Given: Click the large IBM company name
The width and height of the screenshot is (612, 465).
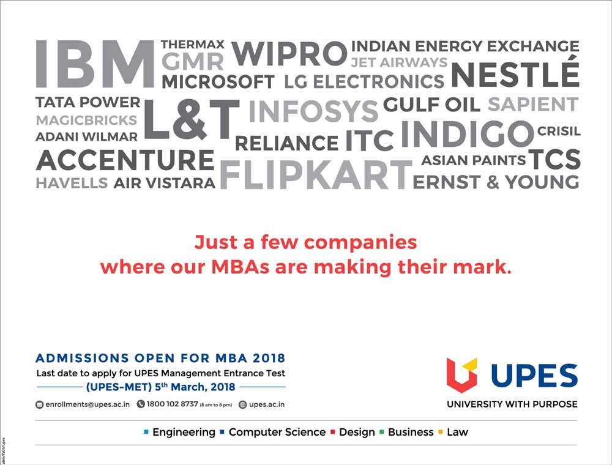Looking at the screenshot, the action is pos(95,64).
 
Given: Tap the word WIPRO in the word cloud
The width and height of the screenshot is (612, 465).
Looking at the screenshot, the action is pos(289,54).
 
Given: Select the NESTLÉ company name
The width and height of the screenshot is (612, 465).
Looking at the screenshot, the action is pos(515,72).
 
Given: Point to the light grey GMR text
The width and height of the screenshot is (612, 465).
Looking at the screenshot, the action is pos(192,62).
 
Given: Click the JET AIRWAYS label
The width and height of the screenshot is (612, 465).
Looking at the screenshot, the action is pos(399,62).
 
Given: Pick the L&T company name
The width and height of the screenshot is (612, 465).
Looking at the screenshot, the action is pos(191,119).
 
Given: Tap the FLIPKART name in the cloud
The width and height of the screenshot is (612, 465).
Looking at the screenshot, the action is pos(316,174).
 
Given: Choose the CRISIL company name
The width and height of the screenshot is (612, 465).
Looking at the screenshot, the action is pos(559,131).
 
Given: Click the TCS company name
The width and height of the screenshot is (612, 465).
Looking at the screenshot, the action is pos(554,159).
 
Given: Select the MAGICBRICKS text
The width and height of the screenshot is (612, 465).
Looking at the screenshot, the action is pos(87,120).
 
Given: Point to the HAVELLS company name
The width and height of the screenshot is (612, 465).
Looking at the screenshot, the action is pos(72,183).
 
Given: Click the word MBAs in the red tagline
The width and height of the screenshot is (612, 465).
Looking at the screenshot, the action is pos(240,267).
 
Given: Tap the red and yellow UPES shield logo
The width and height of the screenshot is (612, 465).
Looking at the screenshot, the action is pos(461,374).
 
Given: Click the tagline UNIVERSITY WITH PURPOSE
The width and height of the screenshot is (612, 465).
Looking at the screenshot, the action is pos(512,404).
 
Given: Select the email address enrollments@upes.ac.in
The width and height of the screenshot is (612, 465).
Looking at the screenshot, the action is pos(88,404).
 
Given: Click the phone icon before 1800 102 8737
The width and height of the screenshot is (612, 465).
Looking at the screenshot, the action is pos(141,404).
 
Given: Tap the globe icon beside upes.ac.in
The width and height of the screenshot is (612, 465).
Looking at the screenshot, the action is pos(243,404).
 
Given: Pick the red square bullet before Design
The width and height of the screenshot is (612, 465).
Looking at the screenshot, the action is pos(333,432).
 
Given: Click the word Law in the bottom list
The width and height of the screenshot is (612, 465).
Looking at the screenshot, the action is pos(457,432).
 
